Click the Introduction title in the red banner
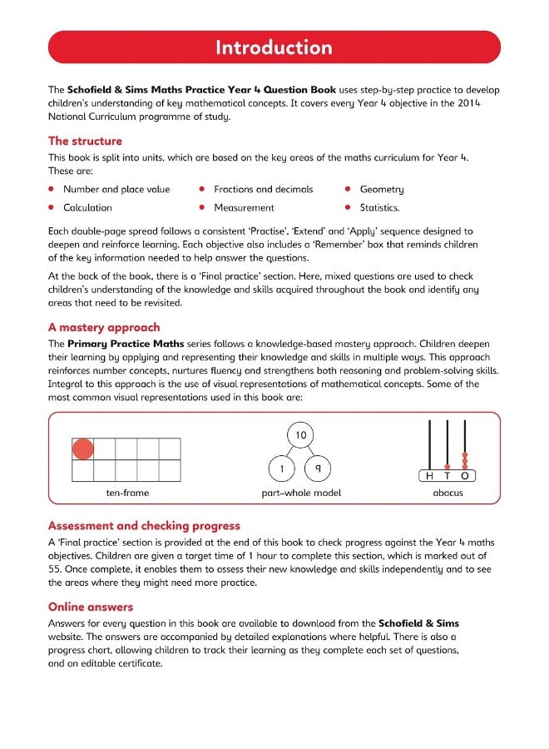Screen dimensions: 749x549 coord(274,47)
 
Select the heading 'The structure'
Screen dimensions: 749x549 coord(85,141)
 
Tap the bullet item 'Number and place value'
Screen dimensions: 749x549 coord(116,190)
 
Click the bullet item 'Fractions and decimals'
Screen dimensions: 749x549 coord(264,190)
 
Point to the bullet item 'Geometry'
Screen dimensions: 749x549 coord(382,190)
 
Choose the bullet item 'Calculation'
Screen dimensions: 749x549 coord(87,208)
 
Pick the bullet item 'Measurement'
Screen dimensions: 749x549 coord(244,208)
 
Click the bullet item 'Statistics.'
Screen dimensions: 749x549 coord(380,208)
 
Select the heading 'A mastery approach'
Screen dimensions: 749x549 coord(104,327)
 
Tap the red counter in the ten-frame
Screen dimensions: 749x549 coord(83,449)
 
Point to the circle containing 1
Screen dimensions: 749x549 coord(282,469)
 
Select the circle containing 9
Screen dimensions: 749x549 coord(318,469)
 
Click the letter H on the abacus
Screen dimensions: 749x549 coord(429,476)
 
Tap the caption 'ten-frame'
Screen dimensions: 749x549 coord(127,494)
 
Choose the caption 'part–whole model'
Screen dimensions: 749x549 coord(300,494)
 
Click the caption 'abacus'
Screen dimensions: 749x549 coord(448,494)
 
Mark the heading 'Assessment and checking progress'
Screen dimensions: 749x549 coord(144,526)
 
